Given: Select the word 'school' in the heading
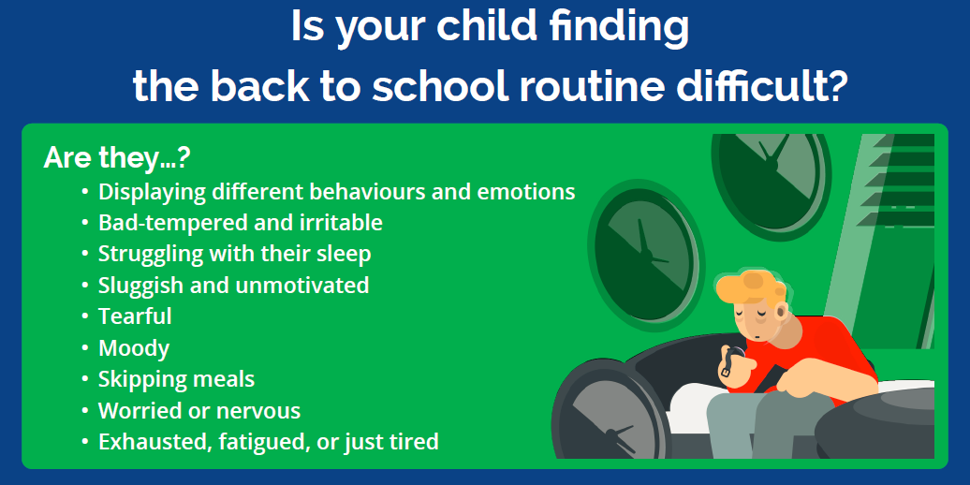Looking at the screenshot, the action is [440, 85].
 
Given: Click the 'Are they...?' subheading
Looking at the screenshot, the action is [116, 159].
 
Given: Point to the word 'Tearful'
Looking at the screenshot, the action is [135, 316].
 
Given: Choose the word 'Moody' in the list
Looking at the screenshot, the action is [134, 348].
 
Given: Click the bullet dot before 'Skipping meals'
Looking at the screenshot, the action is [85, 379].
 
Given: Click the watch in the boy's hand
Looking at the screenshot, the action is [730, 363].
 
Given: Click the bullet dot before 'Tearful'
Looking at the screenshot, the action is [85, 316].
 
